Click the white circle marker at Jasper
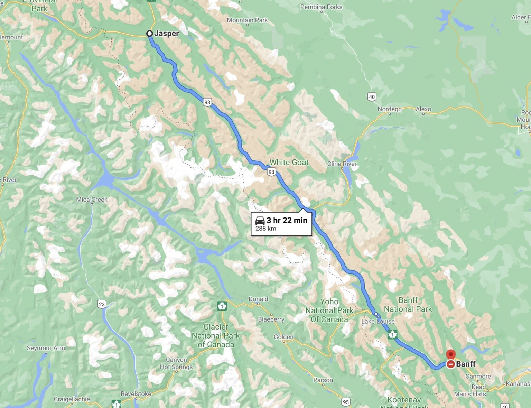[x=149, y=34]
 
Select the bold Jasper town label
[x=167, y=34]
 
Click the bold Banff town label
[x=466, y=364]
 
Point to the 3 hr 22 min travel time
[x=287, y=220]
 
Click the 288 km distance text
[x=265, y=229]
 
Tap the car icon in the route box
[x=260, y=220]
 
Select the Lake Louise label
[x=378, y=321]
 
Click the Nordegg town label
[x=390, y=109]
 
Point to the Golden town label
[x=283, y=337]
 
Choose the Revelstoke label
[x=136, y=394]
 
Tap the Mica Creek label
[x=92, y=200]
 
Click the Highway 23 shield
[x=102, y=304]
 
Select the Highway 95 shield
[x=345, y=402]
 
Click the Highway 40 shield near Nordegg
[x=372, y=97]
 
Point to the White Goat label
[x=289, y=162]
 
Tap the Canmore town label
[x=478, y=376]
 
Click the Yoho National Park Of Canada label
[x=329, y=310]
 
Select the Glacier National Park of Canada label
[x=216, y=335]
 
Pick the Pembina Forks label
[x=321, y=7]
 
